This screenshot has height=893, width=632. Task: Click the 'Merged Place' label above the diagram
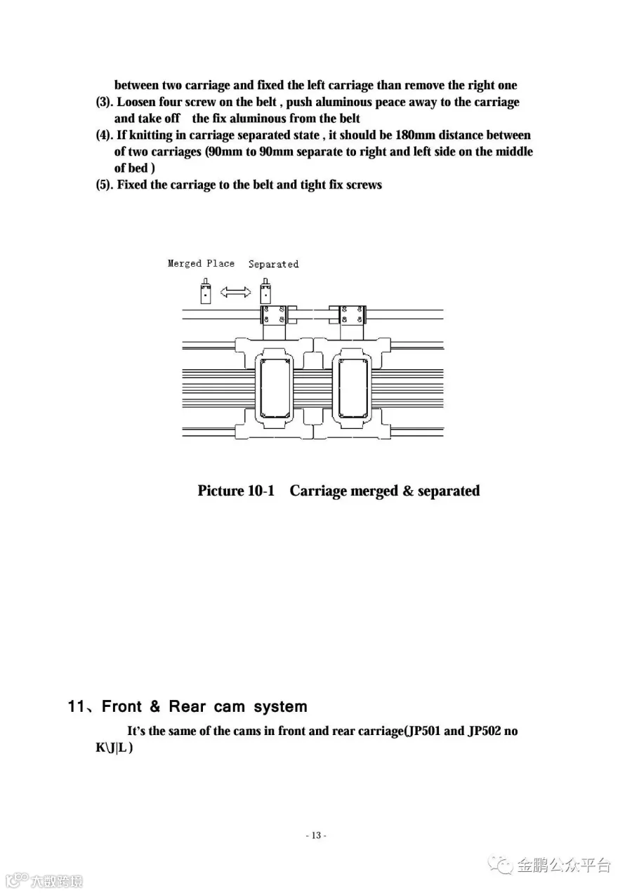click(x=201, y=263)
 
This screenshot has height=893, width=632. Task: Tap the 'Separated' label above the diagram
click(x=273, y=264)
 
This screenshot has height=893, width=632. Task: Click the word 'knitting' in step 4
click(x=150, y=135)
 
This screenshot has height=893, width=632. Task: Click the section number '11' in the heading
click(x=76, y=706)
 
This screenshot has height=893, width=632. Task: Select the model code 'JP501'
click(x=423, y=731)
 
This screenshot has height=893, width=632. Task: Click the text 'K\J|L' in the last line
click(x=112, y=748)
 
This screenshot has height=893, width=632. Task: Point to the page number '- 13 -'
click(x=316, y=835)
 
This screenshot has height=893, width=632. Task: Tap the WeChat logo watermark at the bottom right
click(x=501, y=864)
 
